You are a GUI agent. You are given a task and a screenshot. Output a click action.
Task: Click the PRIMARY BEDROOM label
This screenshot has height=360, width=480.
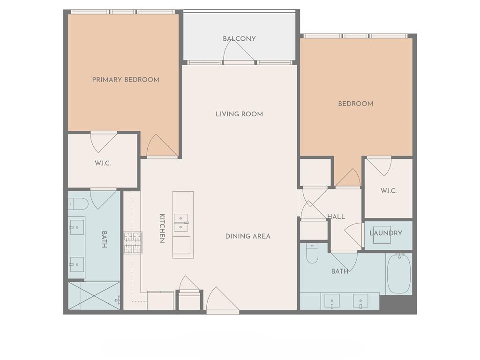click(126, 80)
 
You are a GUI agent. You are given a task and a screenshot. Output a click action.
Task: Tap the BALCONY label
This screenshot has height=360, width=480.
click(239, 38)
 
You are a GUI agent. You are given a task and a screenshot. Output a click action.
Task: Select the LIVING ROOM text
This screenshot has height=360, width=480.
click(239, 114)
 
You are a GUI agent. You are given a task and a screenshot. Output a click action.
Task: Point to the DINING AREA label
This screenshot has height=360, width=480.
click(247, 236)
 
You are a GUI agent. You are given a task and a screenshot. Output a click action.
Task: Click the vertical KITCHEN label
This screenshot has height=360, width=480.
click(162, 228)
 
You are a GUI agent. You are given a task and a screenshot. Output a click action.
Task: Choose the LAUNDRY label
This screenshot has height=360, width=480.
click(386, 233)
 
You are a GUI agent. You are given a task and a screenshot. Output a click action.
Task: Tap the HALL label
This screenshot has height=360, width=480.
click(336, 217)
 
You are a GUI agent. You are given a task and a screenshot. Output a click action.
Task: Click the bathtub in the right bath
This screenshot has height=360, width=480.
click(399, 274)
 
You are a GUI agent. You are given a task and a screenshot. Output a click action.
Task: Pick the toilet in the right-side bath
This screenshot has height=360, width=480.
click(312, 253)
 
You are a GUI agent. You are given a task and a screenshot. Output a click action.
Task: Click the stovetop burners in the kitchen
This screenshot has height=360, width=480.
click(133, 243)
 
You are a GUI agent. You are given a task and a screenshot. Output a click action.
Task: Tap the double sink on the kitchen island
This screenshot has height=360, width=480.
click(181, 223)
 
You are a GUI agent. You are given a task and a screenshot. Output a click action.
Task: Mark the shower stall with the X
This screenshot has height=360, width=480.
click(94, 295)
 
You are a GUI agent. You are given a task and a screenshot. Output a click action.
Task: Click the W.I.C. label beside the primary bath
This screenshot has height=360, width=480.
click(103, 163)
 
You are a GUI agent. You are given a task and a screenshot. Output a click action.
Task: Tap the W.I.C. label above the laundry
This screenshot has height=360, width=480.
click(389, 191)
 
